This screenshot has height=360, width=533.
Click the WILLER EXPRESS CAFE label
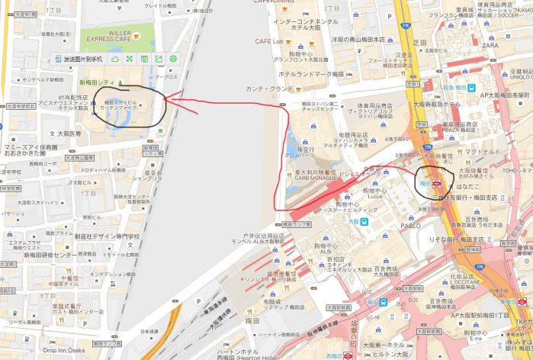pos(109,36)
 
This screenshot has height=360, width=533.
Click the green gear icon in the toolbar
pos(173,59)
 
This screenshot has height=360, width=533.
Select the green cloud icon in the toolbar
pos(115,59)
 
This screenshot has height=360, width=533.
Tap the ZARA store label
pos(490,45)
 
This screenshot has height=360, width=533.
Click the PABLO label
pos(410,227)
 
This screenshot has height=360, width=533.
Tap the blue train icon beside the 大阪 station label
pos(366,222)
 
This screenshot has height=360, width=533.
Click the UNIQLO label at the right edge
pos(521,76)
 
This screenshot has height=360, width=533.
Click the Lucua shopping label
pos(374,196)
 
